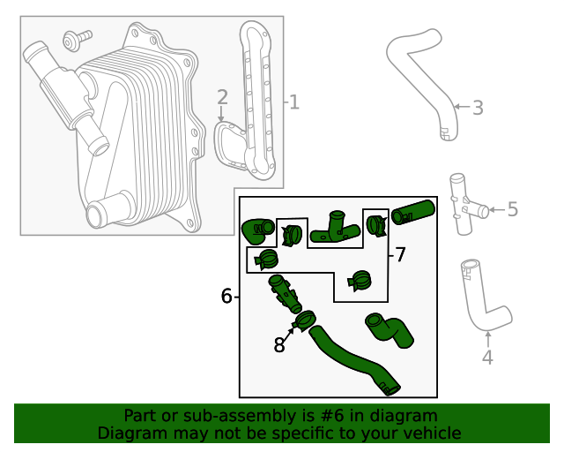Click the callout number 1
click(x=293, y=103)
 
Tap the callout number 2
click(x=222, y=97)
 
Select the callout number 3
click(x=478, y=108)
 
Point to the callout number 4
click(x=487, y=358)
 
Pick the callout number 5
click(x=512, y=209)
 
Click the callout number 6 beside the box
click(x=226, y=297)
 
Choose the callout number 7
click(x=400, y=255)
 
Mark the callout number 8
click(x=279, y=345)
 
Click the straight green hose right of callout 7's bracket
click(x=413, y=212)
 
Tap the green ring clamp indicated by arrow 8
click(x=306, y=320)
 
